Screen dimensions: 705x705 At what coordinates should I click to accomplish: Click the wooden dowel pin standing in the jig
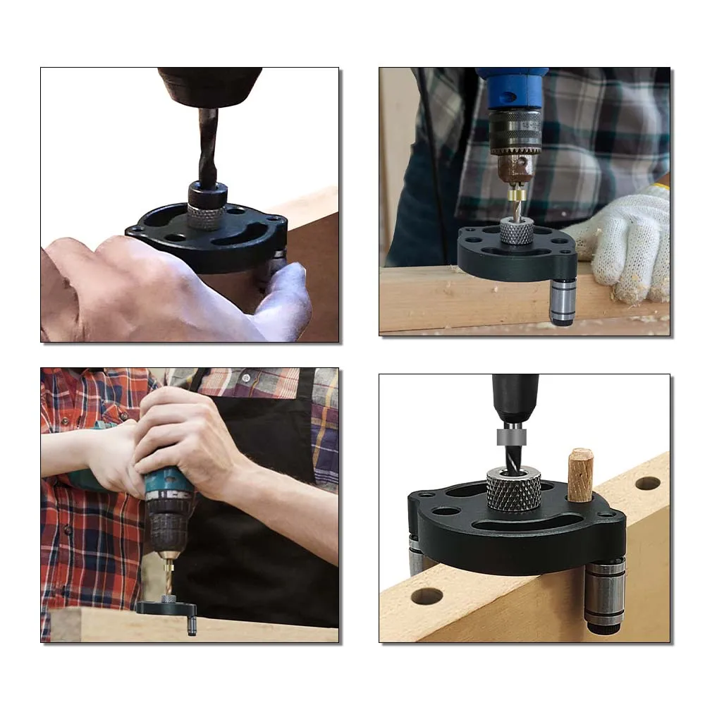[580, 475]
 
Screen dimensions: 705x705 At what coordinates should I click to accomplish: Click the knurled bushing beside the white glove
[517, 231]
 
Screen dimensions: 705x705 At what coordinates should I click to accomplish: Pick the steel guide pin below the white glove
[563, 301]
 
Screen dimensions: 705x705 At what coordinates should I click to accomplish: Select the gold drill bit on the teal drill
[168, 575]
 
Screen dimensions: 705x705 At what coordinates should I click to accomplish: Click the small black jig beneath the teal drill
[166, 608]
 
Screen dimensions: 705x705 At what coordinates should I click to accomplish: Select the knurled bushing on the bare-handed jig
[206, 216]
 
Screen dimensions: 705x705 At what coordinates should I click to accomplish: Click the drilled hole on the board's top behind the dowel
[647, 483]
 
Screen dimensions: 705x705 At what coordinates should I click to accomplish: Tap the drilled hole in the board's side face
[427, 596]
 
